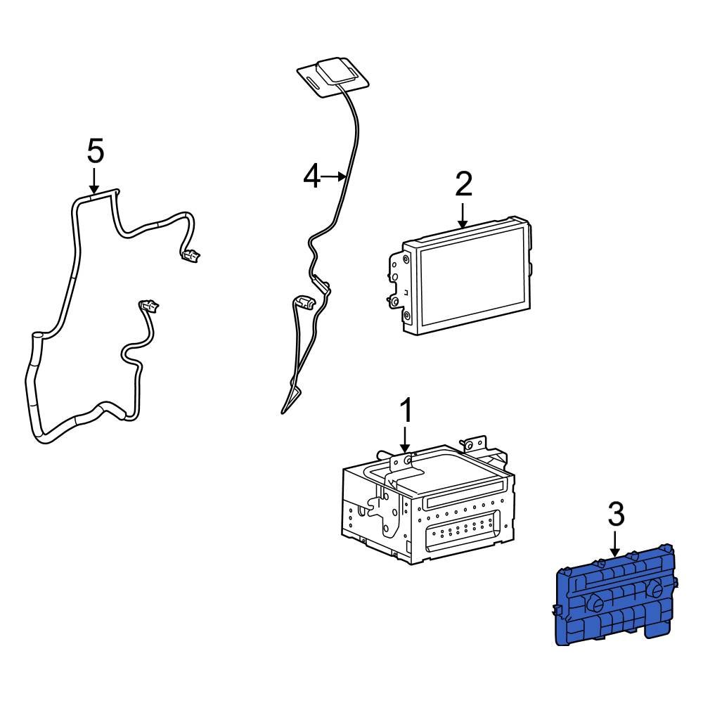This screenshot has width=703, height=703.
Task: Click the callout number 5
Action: coord(95,150)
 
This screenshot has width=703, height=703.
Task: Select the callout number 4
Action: coord(312,176)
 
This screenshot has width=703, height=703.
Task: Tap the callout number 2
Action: coord(463,184)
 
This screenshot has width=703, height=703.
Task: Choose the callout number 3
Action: coord(615,515)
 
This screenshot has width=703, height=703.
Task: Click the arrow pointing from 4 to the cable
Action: coord(335,176)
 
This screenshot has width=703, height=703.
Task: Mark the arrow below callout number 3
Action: coord(615,544)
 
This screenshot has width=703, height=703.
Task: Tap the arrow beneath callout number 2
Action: coord(463,214)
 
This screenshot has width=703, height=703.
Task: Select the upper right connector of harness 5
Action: coord(190,257)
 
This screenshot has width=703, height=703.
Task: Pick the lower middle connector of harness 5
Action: coord(149,306)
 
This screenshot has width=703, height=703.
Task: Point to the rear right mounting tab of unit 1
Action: coord(474,444)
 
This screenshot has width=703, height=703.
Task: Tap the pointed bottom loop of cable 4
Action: coord(285,408)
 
